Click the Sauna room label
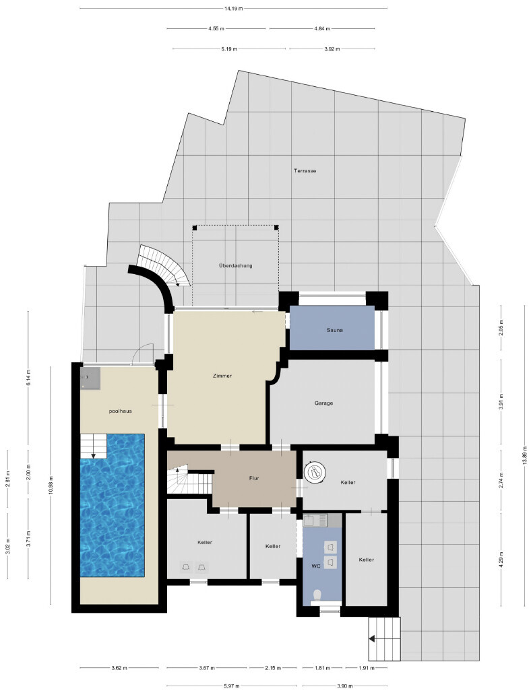[x=334, y=331]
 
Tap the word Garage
[x=323, y=403]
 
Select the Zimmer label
[x=222, y=376]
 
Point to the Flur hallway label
[x=254, y=478]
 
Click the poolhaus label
[x=120, y=411]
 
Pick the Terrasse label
[x=305, y=171]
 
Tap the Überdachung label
[x=236, y=266]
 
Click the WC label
[x=316, y=566]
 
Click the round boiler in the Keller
[x=315, y=471]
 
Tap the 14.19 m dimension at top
[x=234, y=8]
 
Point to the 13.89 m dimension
[x=525, y=456]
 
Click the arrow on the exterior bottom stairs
[x=372, y=639]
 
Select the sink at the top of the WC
[x=315, y=519]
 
